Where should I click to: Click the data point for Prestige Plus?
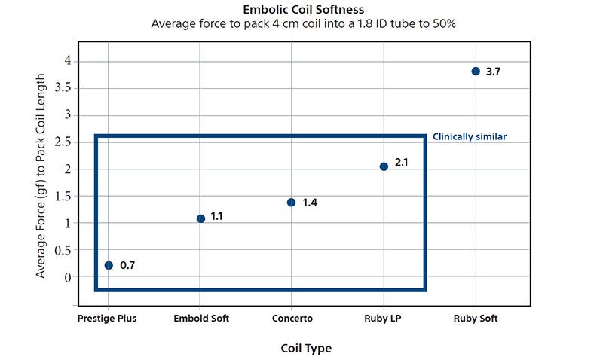(109, 265)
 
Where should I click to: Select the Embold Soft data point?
(200, 218)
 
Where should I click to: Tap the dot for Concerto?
(292, 202)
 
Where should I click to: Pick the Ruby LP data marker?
(384, 166)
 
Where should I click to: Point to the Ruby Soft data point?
(476, 72)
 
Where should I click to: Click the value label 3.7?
(494, 72)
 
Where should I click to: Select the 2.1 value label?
(401, 162)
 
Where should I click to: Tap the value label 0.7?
(127, 265)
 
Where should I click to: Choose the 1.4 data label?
(310, 203)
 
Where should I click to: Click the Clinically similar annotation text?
(469, 137)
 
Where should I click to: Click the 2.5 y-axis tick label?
(63, 142)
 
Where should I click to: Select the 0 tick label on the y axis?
(67, 277)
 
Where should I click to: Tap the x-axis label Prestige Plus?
(107, 319)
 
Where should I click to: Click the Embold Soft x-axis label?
(201, 319)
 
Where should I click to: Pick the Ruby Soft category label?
(476, 319)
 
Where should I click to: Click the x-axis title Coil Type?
(305, 349)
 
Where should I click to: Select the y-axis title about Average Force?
(41, 175)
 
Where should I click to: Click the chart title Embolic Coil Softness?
(303, 10)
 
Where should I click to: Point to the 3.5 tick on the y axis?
(63, 87)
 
